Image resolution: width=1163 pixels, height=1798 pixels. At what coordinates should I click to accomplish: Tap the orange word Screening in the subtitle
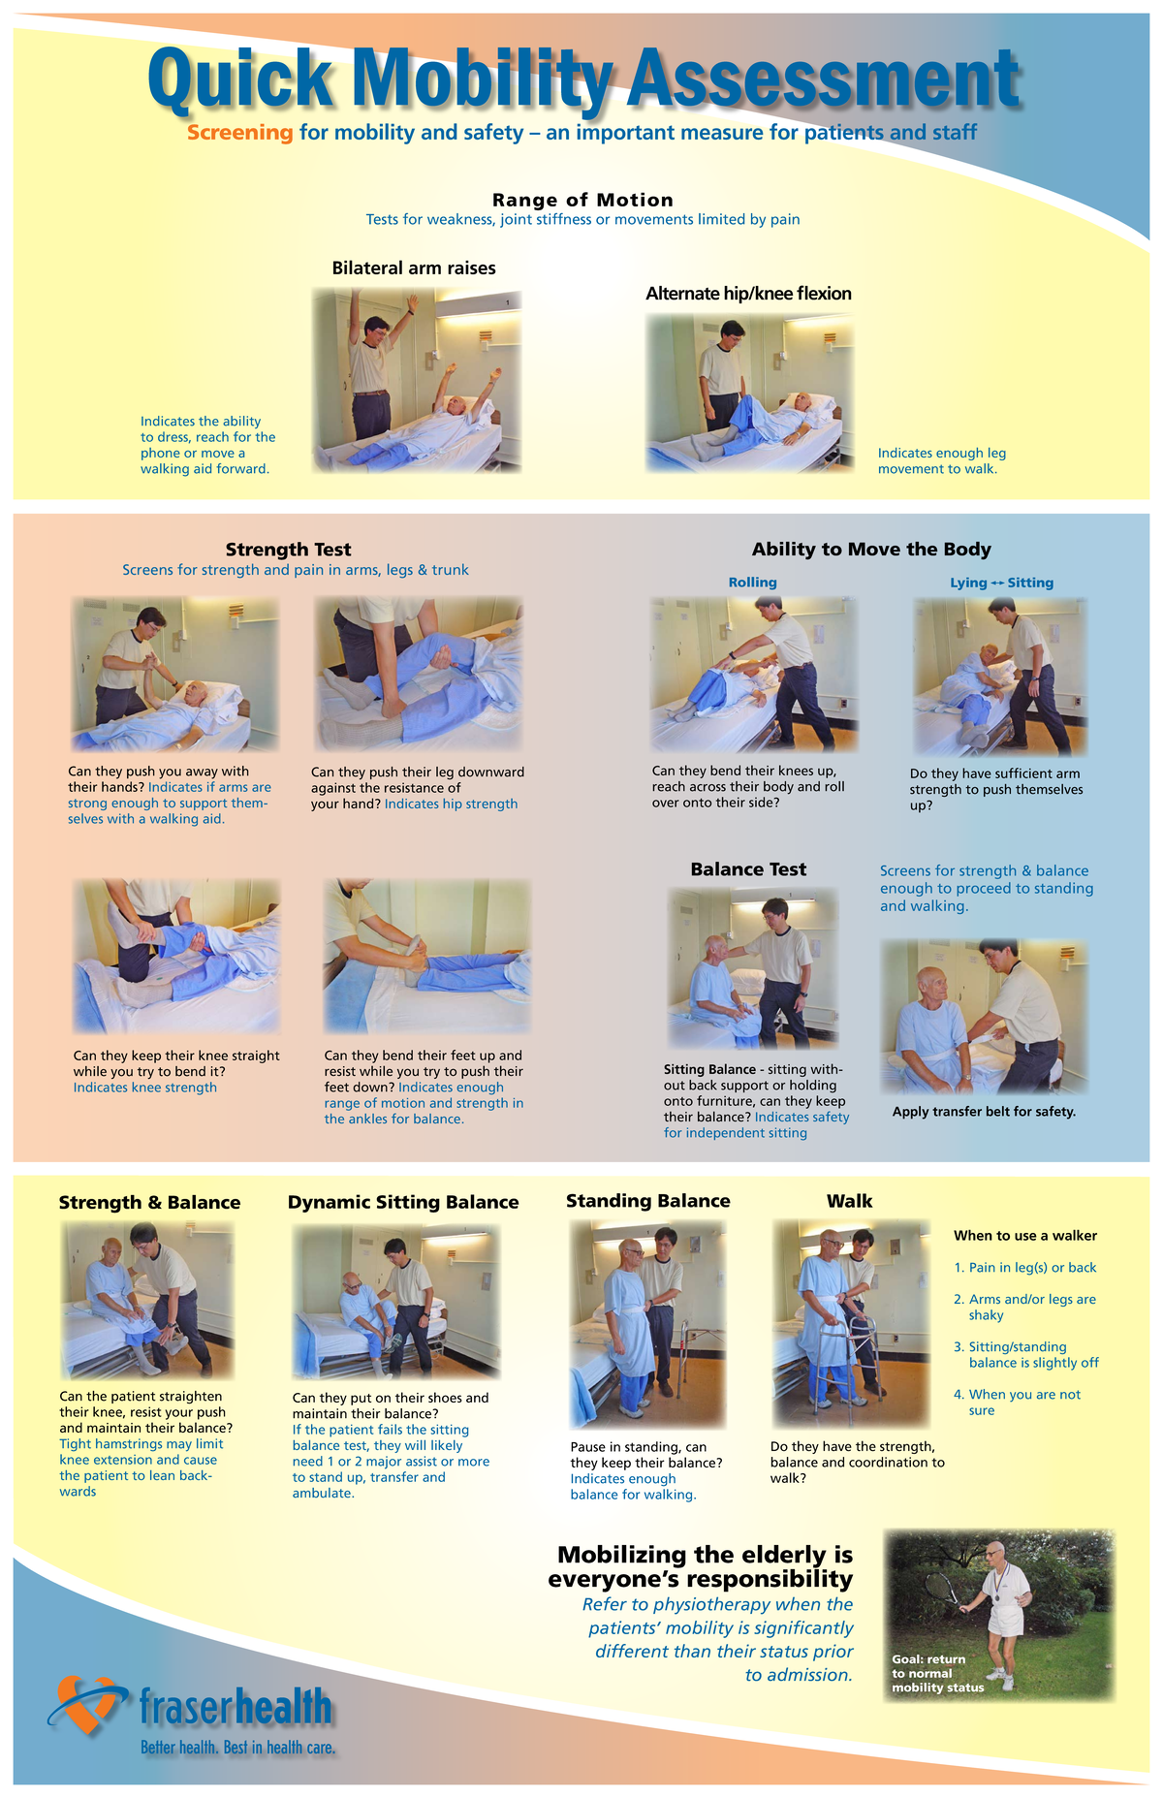click(x=239, y=133)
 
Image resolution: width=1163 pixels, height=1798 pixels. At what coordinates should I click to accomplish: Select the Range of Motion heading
click(x=582, y=200)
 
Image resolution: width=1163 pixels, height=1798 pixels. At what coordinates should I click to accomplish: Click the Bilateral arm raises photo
click(x=417, y=381)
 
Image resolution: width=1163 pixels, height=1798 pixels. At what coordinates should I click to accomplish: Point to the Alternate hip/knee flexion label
click(x=748, y=294)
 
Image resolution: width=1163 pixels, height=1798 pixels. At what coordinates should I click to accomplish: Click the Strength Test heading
click(x=288, y=550)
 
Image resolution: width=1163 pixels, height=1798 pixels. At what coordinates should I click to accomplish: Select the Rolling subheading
click(x=752, y=583)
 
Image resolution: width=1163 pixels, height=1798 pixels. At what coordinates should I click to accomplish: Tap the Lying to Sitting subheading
click(x=1001, y=583)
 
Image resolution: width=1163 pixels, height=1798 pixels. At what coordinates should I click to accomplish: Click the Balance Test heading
click(x=748, y=869)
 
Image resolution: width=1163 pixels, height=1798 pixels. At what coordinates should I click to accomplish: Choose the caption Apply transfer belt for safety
click(x=984, y=1112)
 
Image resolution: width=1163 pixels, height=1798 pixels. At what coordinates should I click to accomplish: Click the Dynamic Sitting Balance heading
click(x=403, y=1202)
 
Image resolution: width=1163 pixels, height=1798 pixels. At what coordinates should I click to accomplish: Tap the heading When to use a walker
click(x=1024, y=1236)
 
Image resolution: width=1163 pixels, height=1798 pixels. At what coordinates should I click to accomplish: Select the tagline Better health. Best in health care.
click(x=237, y=1748)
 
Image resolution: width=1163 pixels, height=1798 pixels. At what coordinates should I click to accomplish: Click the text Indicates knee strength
click(x=145, y=1088)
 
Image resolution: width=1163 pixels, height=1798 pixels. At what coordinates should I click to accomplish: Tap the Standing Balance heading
click(x=647, y=1201)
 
